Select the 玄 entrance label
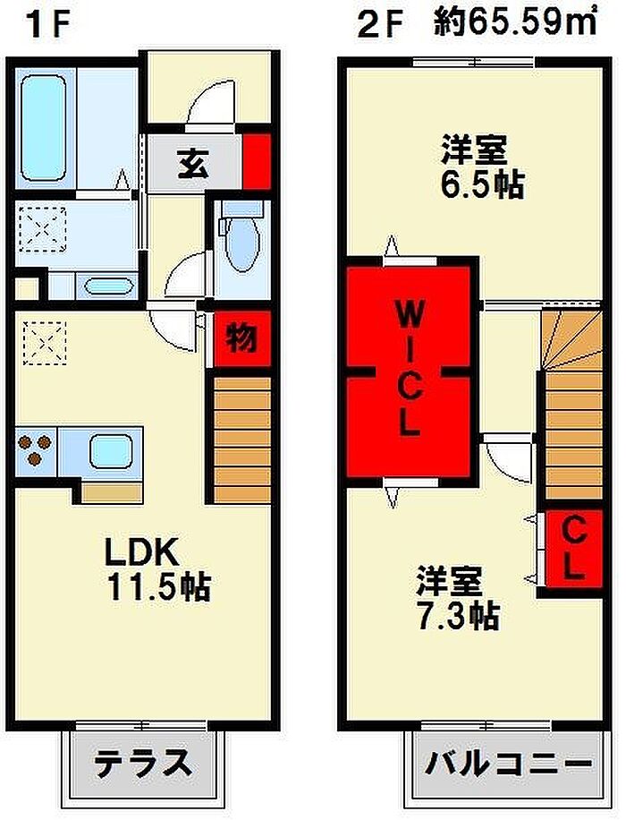(194, 163)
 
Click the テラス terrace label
(143, 764)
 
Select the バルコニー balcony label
(509, 764)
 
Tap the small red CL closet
(574, 549)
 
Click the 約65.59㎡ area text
(516, 23)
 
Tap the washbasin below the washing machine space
(109, 286)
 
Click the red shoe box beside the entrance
(257, 162)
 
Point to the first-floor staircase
(242, 440)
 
